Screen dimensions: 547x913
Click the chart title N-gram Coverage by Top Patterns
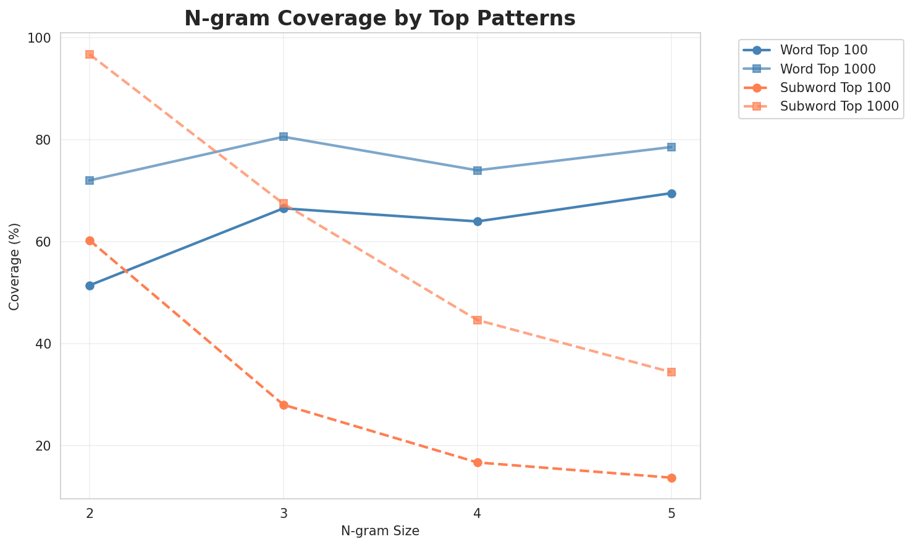[x=380, y=19]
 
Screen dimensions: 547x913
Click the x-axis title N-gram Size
[x=380, y=531]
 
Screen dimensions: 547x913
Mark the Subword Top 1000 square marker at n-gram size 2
[x=90, y=54]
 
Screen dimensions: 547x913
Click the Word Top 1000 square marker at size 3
[x=284, y=137]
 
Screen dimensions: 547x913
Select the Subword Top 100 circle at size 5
[x=671, y=478]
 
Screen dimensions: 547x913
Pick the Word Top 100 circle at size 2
[x=90, y=286]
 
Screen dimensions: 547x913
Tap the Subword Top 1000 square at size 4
[x=478, y=320]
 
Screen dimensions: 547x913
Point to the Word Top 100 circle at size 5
[x=671, y=193]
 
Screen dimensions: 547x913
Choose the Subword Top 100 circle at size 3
[x=284, y=405]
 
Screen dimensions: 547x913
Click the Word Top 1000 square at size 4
[x=478, y=170]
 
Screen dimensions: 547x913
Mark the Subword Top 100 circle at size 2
[x=90, y=240]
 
